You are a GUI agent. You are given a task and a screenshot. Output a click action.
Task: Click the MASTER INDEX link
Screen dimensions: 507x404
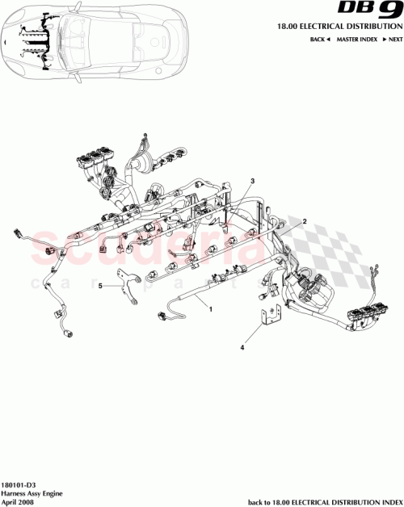point(356,39)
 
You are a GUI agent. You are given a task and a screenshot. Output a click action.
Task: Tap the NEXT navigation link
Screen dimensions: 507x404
point(392,39)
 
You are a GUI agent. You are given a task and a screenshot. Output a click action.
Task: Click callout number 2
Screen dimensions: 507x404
point(305,220)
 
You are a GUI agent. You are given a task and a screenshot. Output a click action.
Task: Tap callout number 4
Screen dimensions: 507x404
point(242,349)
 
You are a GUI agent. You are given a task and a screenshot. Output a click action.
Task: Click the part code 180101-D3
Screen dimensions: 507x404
point(17,481)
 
